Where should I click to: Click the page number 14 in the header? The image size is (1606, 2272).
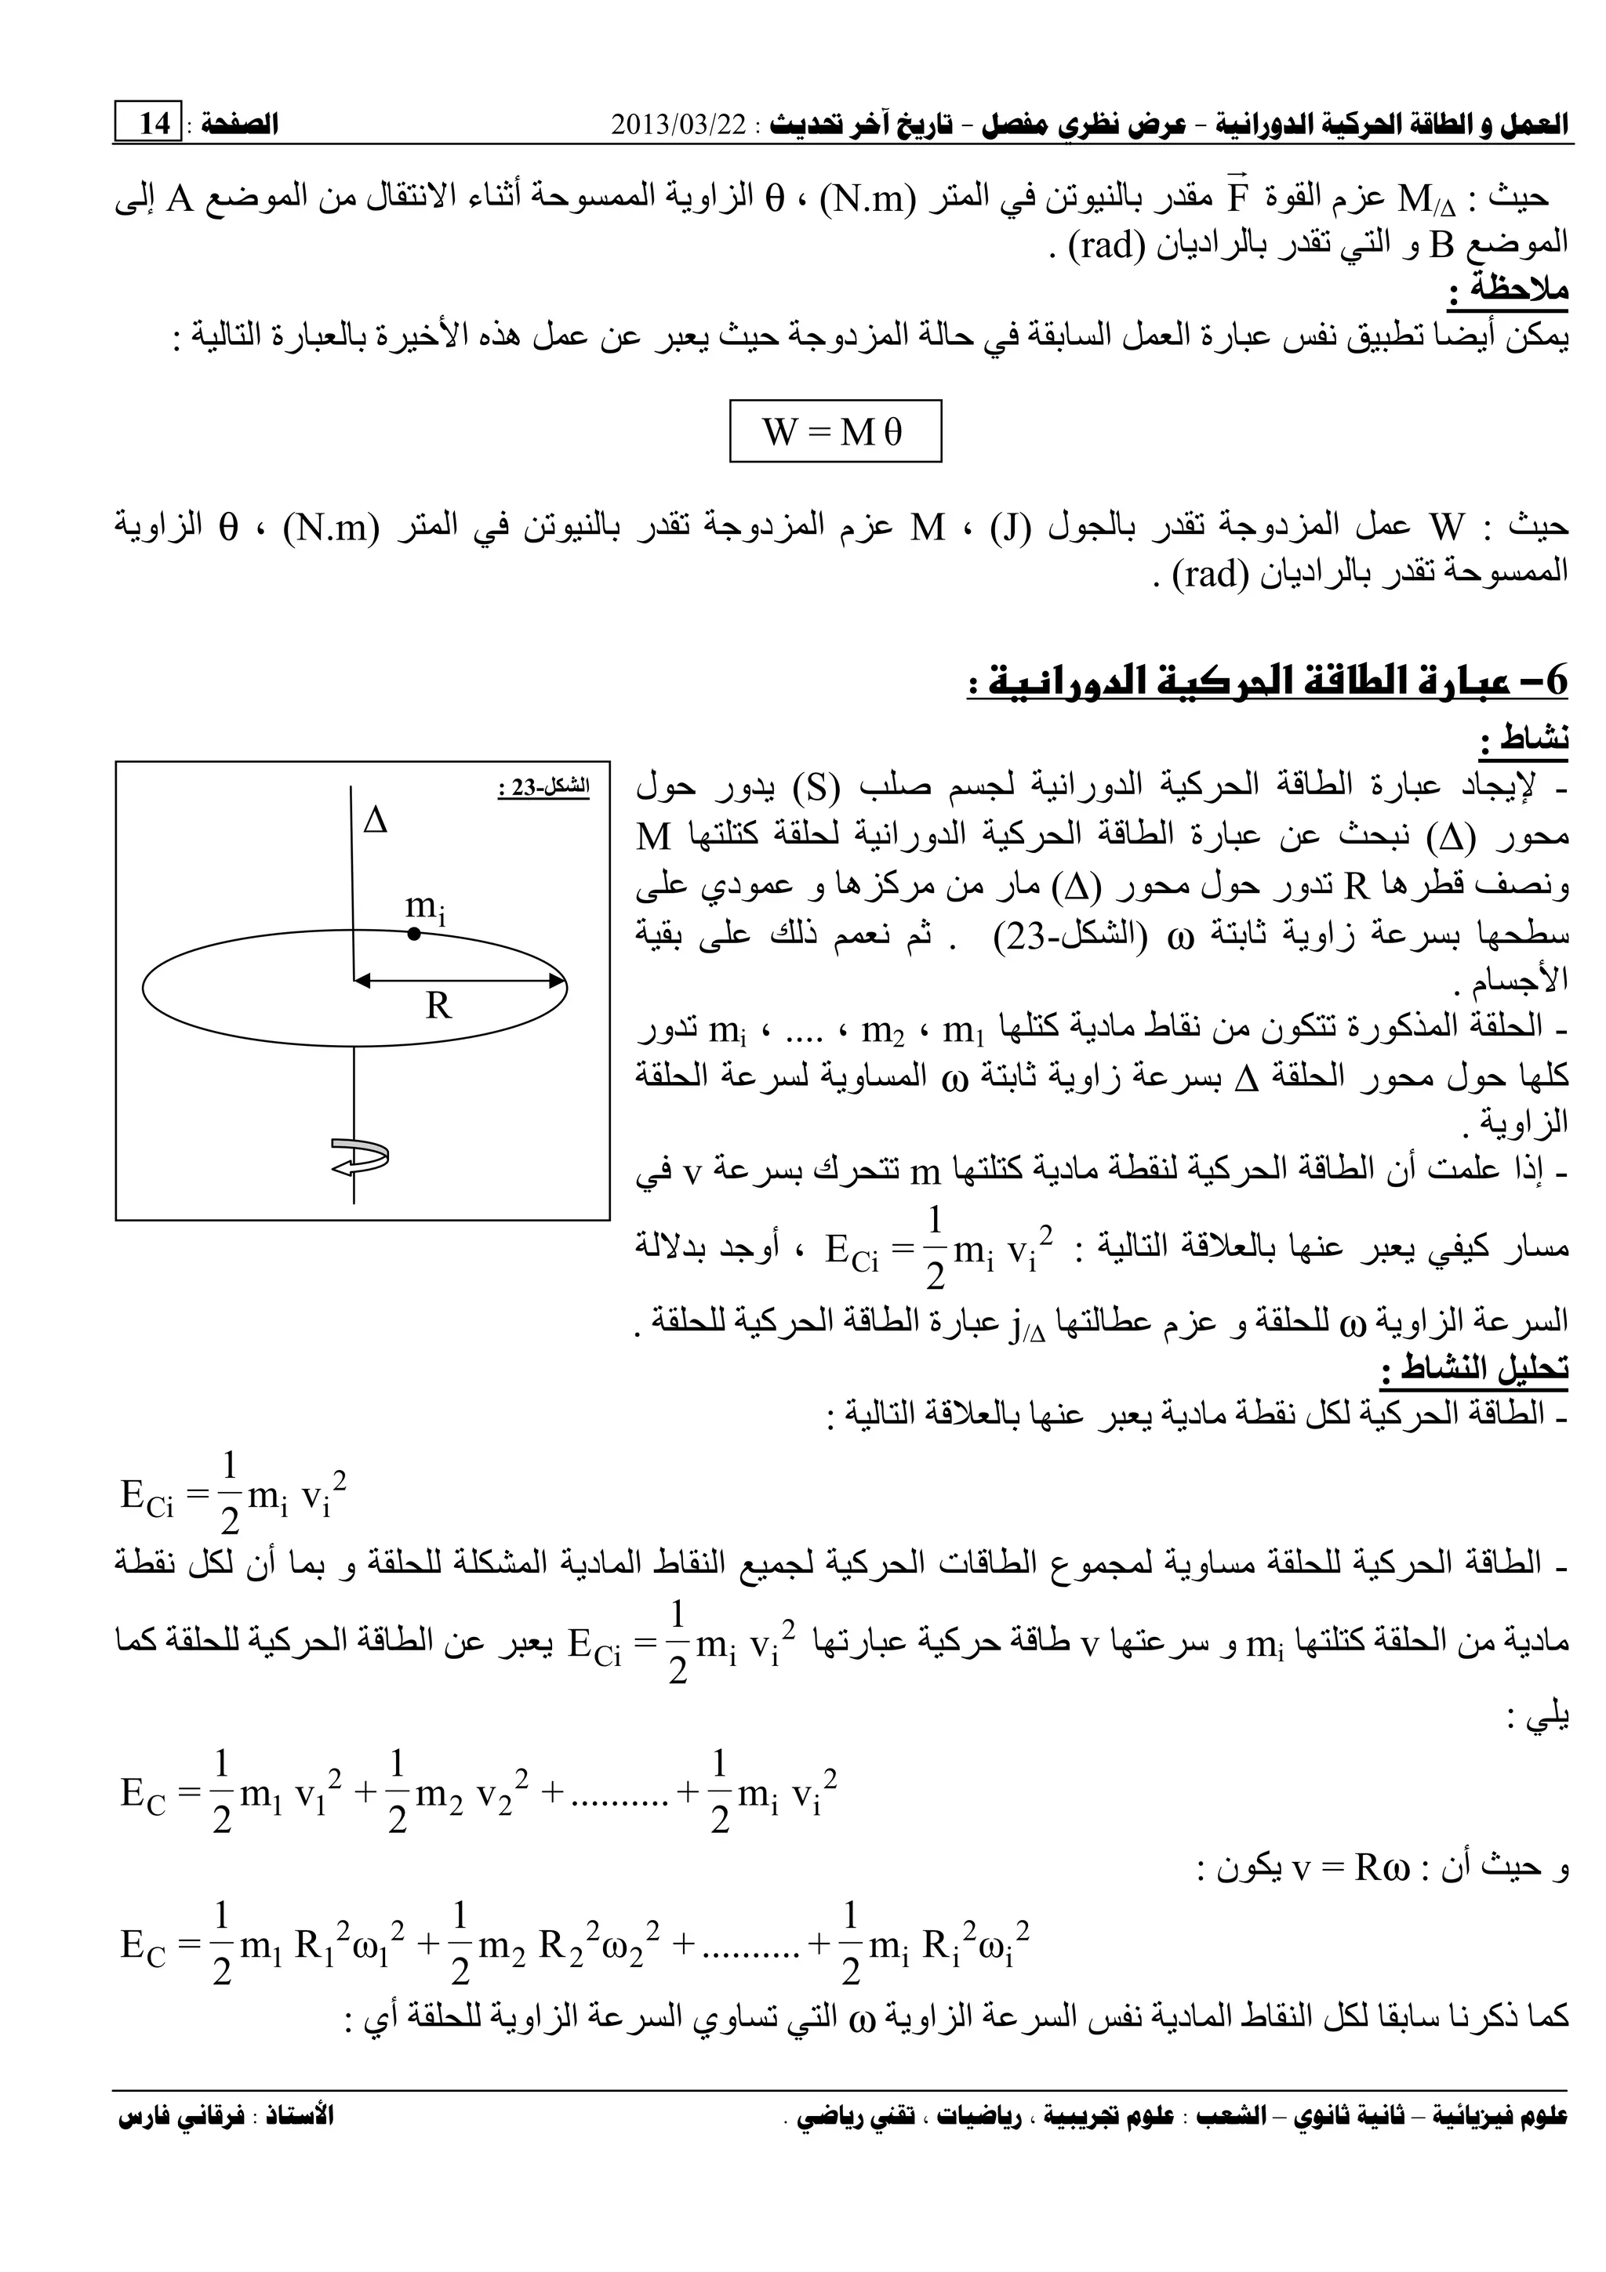[155, 125]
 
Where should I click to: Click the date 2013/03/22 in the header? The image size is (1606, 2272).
[681, 125]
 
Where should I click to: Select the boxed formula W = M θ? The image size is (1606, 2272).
[835, 431]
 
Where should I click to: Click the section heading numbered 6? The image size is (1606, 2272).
[1267, 681]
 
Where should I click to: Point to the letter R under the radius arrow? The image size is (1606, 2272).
[438, 1007]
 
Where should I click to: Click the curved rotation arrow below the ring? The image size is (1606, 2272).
[359, 1155]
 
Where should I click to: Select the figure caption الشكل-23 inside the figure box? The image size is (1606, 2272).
[543, 788]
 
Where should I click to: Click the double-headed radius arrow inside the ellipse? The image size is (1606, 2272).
[460, 982]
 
